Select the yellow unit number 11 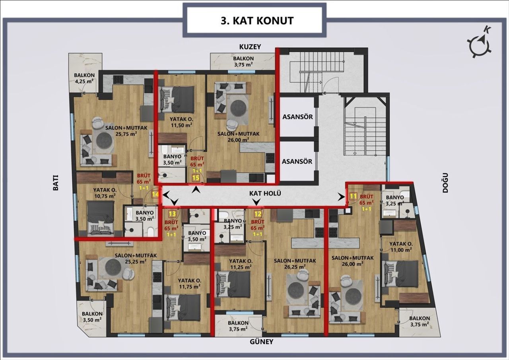click(x=353, y=196)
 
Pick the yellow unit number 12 click(x=258, y=214)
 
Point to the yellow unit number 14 click(x=156, y=194)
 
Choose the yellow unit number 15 click(x=196, y=178)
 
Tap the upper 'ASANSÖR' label click(x=297, y=117)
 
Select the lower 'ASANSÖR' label click(x=297, y=162)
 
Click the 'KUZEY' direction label click(x=250, y=47)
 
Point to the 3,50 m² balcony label click(x=92, y=316)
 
